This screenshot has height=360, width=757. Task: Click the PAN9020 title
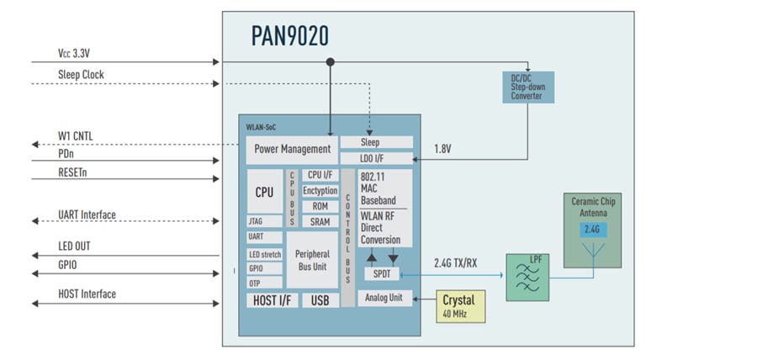point(289,35)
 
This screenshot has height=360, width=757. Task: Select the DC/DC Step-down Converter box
point(527,87)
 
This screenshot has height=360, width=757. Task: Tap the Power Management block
point(293,150)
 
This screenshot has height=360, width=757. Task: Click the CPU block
point(264,192)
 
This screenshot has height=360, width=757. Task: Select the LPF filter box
point(527,276)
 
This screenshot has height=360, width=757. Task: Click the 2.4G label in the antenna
point(596,230)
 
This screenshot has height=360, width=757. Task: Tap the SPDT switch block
point(382,274)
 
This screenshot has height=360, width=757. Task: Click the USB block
point(320,300)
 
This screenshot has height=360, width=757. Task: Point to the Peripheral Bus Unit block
point(312,260)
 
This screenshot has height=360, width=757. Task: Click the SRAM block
point(320,221)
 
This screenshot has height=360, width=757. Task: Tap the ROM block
point(320,206)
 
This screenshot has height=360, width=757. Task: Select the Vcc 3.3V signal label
point(74,53)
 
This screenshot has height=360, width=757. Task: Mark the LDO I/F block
point(376,157)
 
